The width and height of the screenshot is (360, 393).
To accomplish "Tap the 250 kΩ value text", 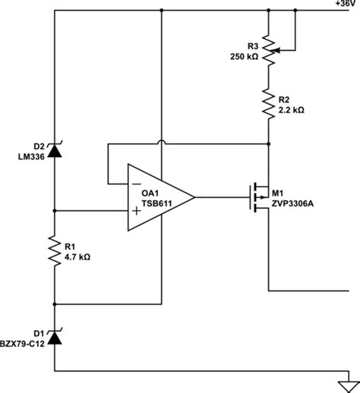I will click(245, 56).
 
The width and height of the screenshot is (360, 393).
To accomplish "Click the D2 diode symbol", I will click(55, 150).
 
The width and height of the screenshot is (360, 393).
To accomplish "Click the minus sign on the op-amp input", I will click(136, 183).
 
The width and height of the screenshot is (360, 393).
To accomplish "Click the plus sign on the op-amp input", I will click(137, 210).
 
